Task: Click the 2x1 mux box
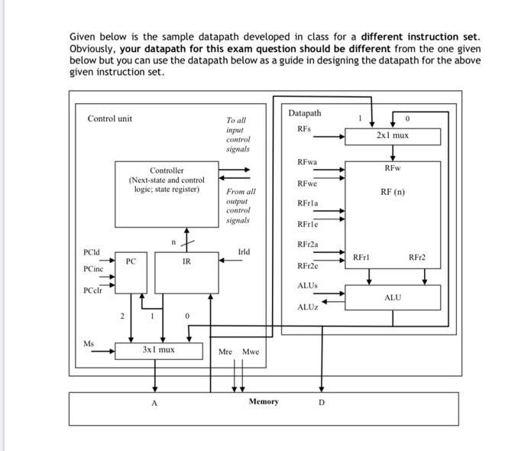(x=393, y=136)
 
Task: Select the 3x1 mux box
(x=158, y=350)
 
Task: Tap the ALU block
(x=393, y=297)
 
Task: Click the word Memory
(x=264, y=401)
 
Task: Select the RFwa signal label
(x=307, y=162)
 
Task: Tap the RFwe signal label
(x=307, y=183)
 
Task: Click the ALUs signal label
(x=306, y=285)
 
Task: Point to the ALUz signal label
(x=306, y=307)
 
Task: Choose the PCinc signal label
(x=94, y=269)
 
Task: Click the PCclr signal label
(x=93, y=290)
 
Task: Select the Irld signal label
(x=244, y=251)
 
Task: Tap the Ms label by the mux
(x=89, y=343)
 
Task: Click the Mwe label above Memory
(x=251, y=352)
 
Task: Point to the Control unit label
(x=110, y=118)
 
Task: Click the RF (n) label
(x=393, y=192)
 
